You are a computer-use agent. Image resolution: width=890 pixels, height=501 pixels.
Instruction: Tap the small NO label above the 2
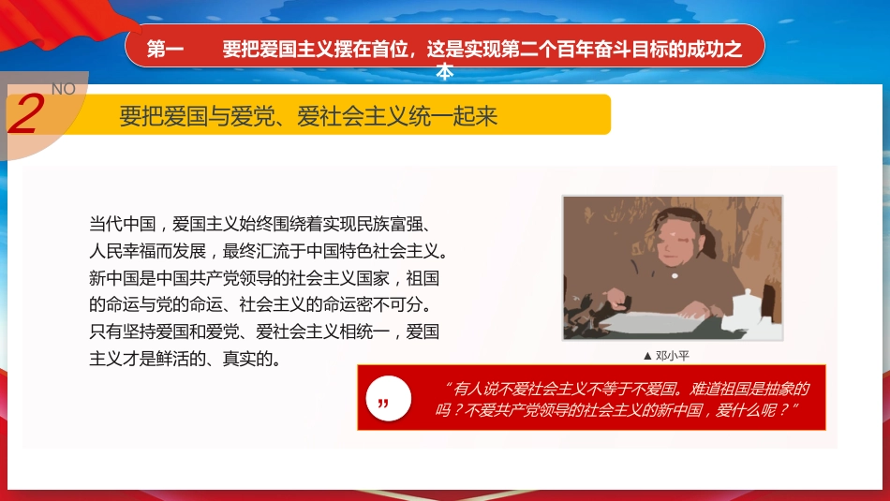point(63,89)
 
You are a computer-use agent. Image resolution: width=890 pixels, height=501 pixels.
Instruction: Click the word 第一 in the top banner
point(166,51)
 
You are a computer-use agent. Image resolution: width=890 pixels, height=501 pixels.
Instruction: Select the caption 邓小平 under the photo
point(673,356)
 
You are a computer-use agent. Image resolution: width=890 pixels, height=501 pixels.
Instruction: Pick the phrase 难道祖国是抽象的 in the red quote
point(749,389)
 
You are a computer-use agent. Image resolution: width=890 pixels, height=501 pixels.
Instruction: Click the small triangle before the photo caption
point(647,356)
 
